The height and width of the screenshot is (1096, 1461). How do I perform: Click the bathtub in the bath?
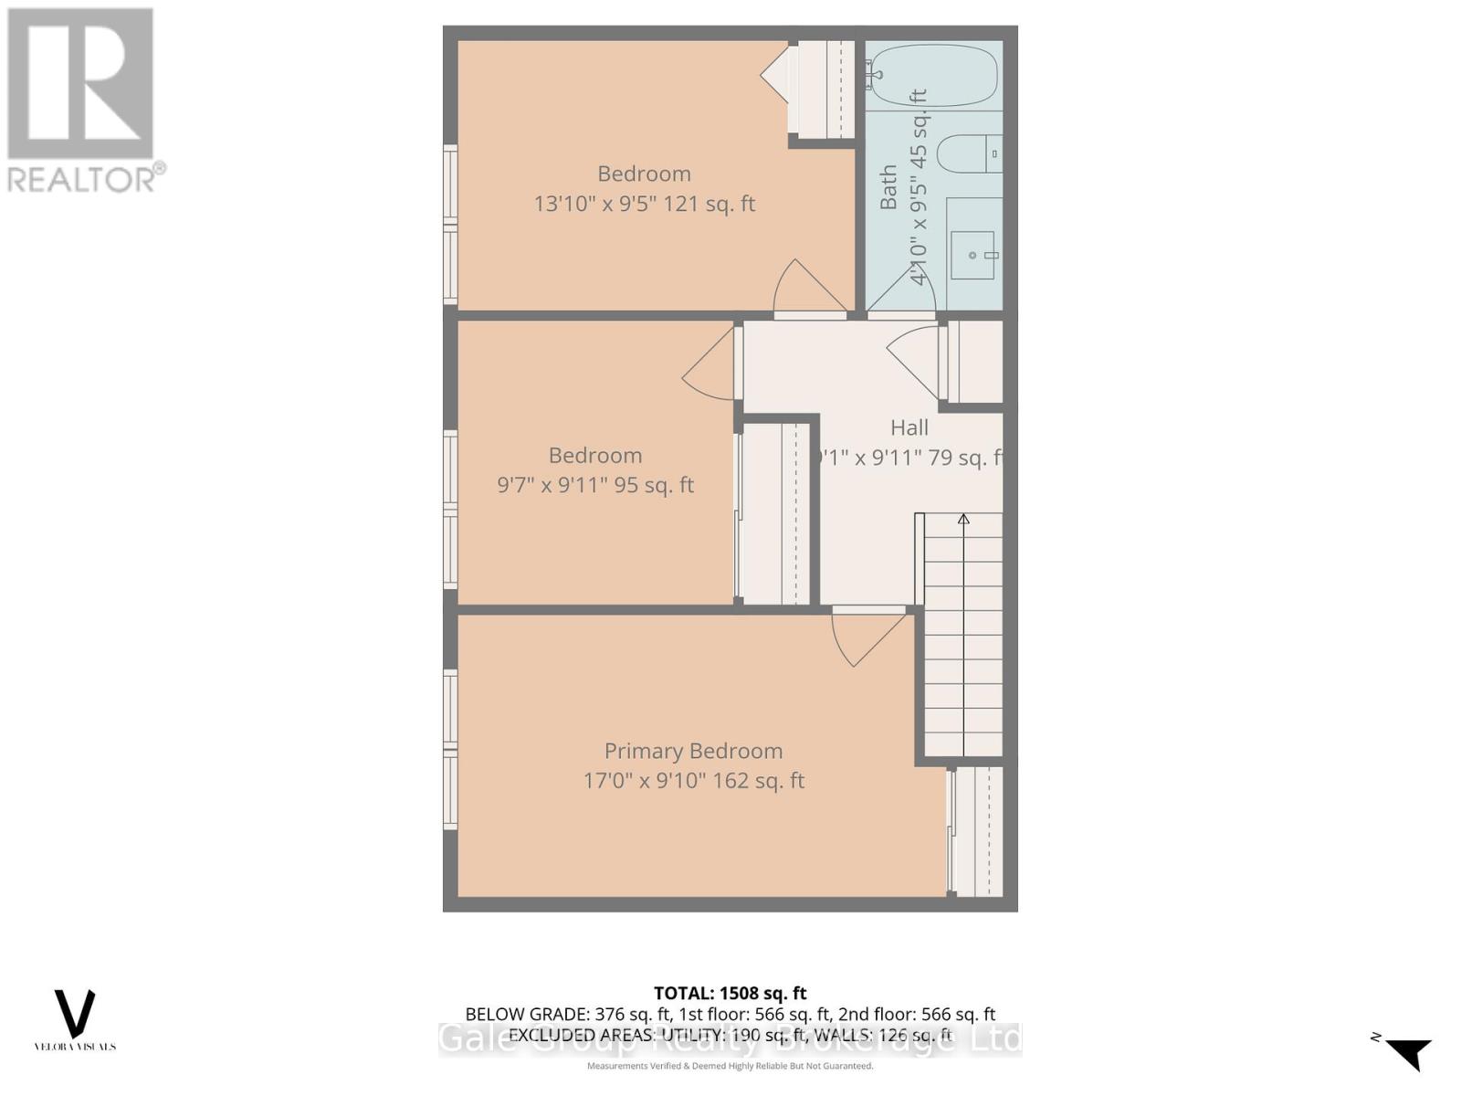931,75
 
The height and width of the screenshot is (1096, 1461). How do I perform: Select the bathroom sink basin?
972,255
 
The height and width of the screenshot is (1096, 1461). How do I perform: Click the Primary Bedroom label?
693,751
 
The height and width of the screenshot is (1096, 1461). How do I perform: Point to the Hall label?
909,427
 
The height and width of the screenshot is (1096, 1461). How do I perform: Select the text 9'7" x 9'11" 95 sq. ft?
595,485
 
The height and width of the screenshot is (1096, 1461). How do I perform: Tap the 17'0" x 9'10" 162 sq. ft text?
694,781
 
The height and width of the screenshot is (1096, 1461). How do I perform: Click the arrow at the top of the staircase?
963,520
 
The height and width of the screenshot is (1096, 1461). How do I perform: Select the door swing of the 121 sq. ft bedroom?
804,288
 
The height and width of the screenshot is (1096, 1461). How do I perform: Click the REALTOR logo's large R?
80,84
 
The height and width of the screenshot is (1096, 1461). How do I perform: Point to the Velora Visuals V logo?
75,1014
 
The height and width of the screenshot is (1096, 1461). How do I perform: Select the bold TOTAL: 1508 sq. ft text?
730,993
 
